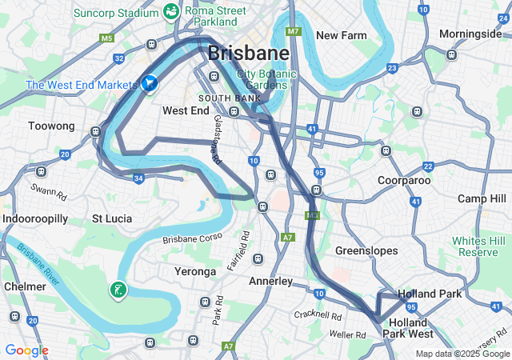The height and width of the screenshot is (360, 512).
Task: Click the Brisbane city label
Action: click(248, 54)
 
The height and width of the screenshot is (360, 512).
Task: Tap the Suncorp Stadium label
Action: click(115, 13)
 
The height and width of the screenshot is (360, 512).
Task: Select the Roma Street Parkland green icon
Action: click(170, 11)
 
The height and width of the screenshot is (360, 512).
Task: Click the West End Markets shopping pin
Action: click(150, 82)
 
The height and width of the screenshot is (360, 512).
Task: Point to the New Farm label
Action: click(341, 35)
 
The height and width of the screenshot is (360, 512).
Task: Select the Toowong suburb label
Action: click(51, 126)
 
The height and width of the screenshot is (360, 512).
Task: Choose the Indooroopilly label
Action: click(35, 218)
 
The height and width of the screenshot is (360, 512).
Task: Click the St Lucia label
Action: click(112, 218)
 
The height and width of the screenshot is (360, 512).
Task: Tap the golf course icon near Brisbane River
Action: click(118, 290)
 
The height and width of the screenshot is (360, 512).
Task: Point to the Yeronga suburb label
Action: click(195, 272)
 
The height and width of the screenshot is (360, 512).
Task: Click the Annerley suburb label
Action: click(271, 282)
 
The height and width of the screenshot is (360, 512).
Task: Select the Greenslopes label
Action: click(366, 250)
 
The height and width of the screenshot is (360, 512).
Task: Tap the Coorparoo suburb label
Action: click(404, 181)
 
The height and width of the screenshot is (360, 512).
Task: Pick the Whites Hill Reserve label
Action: click(479, 246)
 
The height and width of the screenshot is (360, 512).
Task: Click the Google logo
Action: click(26, 350)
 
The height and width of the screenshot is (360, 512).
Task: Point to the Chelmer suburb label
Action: click(24, 286)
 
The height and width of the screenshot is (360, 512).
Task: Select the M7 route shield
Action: click(294, 31)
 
